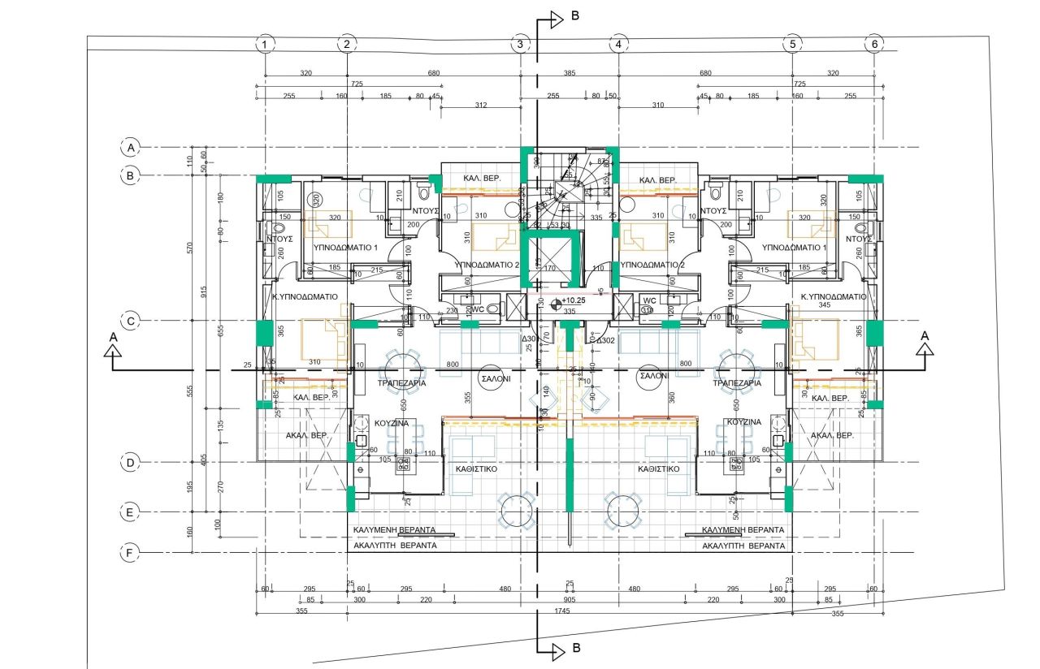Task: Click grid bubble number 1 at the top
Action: [263, 44]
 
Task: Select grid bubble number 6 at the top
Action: [874, 44]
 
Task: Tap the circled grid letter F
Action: [129, 554]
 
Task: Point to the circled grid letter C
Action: [129, 321]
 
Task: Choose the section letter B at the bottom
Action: [574, 650]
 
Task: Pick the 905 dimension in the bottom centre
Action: [570, 600]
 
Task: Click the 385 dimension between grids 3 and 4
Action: [570, 74]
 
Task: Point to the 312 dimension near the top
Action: [481, 106]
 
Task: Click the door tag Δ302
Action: [606, 340]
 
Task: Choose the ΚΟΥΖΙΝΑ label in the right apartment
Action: [743, 422]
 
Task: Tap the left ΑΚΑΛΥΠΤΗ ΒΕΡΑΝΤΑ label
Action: [395, 546]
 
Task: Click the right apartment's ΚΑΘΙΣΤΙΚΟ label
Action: [659, 468]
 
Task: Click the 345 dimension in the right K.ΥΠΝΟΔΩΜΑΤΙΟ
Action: [825, 305]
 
